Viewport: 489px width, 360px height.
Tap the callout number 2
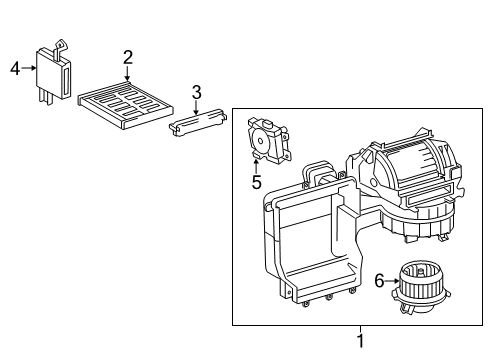(128, 56)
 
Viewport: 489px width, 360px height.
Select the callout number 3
(197, 92)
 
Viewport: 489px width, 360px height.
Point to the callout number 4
(15, 69)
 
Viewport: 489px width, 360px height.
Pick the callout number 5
(256, 182)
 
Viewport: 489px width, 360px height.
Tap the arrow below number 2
(128, 72)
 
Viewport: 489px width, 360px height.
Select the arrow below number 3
(197, 108)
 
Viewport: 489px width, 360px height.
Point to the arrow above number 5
(257, 165)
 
